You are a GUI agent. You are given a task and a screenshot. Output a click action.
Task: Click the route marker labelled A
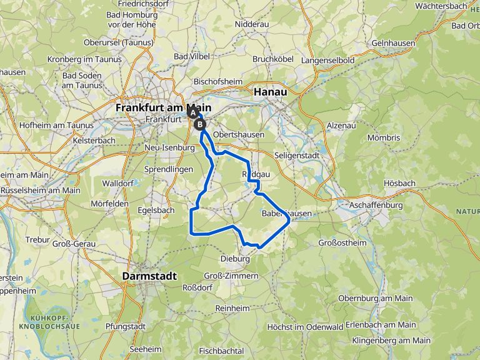192,114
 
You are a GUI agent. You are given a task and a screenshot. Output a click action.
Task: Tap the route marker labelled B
201,124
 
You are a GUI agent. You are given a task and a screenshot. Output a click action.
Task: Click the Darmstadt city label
149,276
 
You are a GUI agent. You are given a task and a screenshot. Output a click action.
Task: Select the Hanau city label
271,91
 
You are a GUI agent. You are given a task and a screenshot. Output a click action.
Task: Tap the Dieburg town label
235,259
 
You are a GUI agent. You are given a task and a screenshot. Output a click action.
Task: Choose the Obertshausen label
238,134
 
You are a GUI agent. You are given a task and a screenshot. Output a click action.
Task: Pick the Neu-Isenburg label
170,147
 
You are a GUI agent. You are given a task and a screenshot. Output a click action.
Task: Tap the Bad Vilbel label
190,56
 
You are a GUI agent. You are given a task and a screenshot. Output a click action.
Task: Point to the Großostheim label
342,242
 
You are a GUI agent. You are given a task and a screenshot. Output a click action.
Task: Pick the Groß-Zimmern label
231,276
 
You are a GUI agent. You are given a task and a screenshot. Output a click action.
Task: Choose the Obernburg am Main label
375,298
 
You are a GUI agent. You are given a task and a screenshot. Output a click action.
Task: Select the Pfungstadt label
126,326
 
